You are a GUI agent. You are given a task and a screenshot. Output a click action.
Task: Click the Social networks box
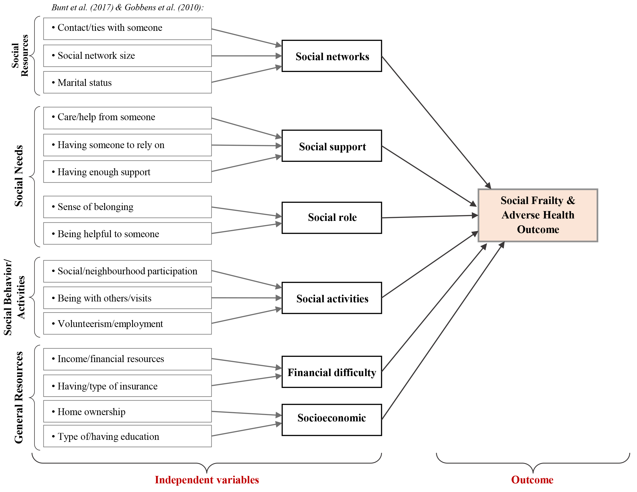(332, 56)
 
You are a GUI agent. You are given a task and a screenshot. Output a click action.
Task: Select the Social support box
(332, 146)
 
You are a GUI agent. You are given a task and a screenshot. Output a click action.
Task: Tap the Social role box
(332, 217)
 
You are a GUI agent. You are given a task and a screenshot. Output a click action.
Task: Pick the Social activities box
(332, 298)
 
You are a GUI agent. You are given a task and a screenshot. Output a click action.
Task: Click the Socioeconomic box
(332, 420)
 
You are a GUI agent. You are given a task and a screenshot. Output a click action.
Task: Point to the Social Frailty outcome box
(538, 215)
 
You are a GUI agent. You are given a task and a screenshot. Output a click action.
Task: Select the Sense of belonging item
(127, 207)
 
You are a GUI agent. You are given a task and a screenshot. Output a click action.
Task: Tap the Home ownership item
(127, 411)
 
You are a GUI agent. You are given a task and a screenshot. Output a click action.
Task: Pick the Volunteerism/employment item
(127, 323)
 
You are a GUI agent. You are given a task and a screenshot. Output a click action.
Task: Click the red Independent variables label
(207, 480)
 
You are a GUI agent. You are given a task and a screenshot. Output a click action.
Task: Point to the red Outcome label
(532, 480)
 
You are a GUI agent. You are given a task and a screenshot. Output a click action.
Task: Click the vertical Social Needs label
(19, 176)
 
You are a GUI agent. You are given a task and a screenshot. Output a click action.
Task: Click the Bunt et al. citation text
(127, 7)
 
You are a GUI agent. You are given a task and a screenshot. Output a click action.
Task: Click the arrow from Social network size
(246, 56)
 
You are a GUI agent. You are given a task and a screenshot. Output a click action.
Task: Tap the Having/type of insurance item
(127, 386)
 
